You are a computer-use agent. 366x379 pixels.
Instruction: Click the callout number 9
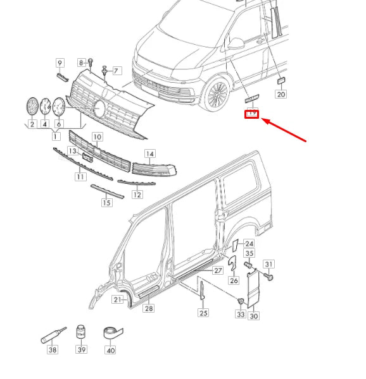pyautogui.click(x=60, y=63)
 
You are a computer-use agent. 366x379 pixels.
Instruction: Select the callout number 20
pyautogui.click(x=281, y=94)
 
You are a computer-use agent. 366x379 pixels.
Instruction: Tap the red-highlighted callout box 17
pyautogui.click(x=252, y=114)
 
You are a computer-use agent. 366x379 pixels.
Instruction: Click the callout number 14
pyautogui.click(x=149, y=153)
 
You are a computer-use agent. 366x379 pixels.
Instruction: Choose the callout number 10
pyautogui.click(x=97, y=136)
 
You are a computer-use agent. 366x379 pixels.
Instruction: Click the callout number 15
pyautogui.click(x=106, y=203)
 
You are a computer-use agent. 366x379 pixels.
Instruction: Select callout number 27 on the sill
pyautogui.click(x=217, y=270)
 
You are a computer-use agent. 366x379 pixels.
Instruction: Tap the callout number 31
pyautogui.click(x=268, y=264)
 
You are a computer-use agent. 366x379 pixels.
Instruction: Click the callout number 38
pyautogui.click(x=53, y=350)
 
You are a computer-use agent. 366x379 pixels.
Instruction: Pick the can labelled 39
pyautogui.click(x=81, y=333)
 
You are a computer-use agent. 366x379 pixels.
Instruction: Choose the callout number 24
pyautogui.click(x=249, y=244)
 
